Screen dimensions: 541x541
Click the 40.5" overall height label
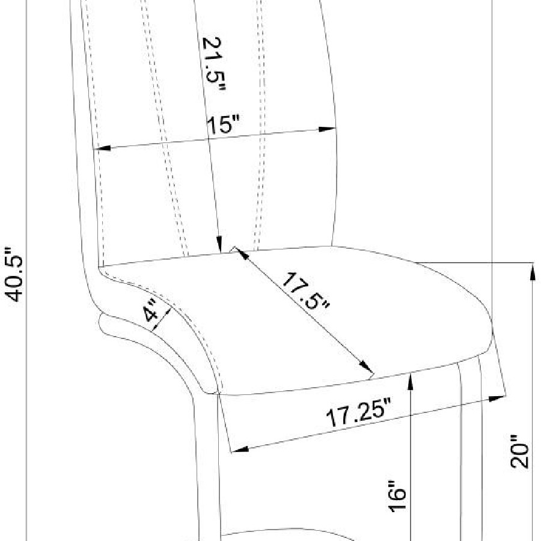pos(14,275)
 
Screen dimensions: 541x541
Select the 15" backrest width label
pos(224,124)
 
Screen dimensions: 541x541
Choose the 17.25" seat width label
pos(359,412)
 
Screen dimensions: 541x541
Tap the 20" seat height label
pos(519,451)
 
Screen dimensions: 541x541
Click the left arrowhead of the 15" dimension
pos(102,148)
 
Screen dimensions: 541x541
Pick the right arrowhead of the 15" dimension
pos(328,129)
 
